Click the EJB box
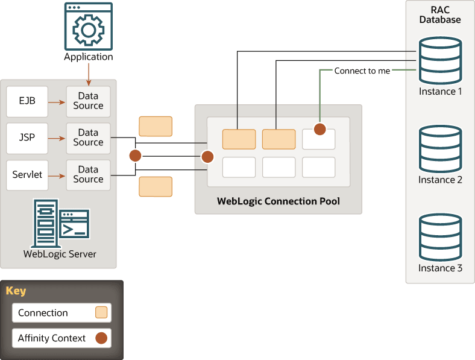tap(27, 101)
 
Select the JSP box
tap(27, 138)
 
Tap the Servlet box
tap(27, 175)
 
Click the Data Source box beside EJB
tap(88, 101)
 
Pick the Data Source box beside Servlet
tap(88, 175)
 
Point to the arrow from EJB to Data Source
tap(57, 103)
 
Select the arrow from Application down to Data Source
tap(89, 75)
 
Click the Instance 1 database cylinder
tap(440, 61)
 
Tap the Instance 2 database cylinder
tap(440, 149)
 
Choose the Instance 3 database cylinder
tap(440, 237)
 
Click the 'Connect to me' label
tap(362, 71)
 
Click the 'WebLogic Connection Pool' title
tap(278, 201)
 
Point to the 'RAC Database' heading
tap(440, 14)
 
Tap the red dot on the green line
tap(320, 129)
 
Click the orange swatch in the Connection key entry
tap(101, 312)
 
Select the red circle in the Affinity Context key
tap(101, 338)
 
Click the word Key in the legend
tap(16, 291)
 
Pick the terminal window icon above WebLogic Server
tap(75, 224)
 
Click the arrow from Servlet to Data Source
tap(57, 176)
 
